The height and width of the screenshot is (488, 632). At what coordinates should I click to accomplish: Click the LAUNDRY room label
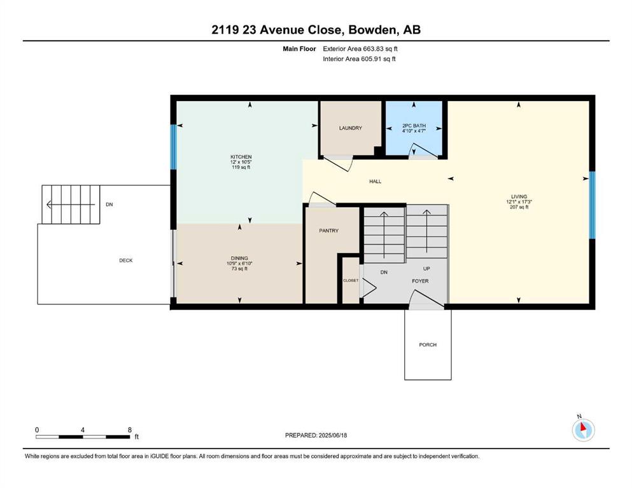[x=350, y=128]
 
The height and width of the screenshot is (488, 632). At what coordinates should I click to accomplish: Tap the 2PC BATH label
[x=414, y=126]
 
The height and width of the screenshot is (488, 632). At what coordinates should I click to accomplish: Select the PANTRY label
[x=328, y=231]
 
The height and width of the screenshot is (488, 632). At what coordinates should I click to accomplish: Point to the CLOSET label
[x=351, y=280]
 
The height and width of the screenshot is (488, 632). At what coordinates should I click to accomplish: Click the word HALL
[x=376, y=182]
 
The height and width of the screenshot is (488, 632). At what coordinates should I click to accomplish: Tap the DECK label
[x=126, y=261]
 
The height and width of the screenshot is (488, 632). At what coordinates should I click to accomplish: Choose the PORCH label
[x=428, y=345]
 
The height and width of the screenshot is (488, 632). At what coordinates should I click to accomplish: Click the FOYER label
[x=420, y=281]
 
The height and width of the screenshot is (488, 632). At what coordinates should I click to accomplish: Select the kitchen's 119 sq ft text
[x=241, y=167]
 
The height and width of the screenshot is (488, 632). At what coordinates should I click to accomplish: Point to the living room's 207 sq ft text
[x=519, y=207]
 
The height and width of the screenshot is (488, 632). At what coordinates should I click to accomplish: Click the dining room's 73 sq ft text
[x=239, y=268]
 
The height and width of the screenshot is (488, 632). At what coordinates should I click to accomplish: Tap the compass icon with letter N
[x=583, y=429]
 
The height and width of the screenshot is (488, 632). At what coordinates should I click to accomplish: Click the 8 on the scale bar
[x=130, y=430]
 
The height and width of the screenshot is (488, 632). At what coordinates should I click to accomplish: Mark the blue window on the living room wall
[x=592, y=205]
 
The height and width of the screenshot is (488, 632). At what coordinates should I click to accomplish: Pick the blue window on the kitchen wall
[x=173, y=147]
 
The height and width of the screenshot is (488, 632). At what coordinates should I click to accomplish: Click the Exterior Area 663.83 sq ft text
[x=360, y=49]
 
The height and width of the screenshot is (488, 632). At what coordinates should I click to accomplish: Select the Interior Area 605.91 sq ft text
[x=359, y=58]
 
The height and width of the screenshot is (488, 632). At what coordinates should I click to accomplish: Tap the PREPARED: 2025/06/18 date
[x=316, y=435]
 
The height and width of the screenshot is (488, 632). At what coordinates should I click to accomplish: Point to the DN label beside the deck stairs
[x=109, y=205]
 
